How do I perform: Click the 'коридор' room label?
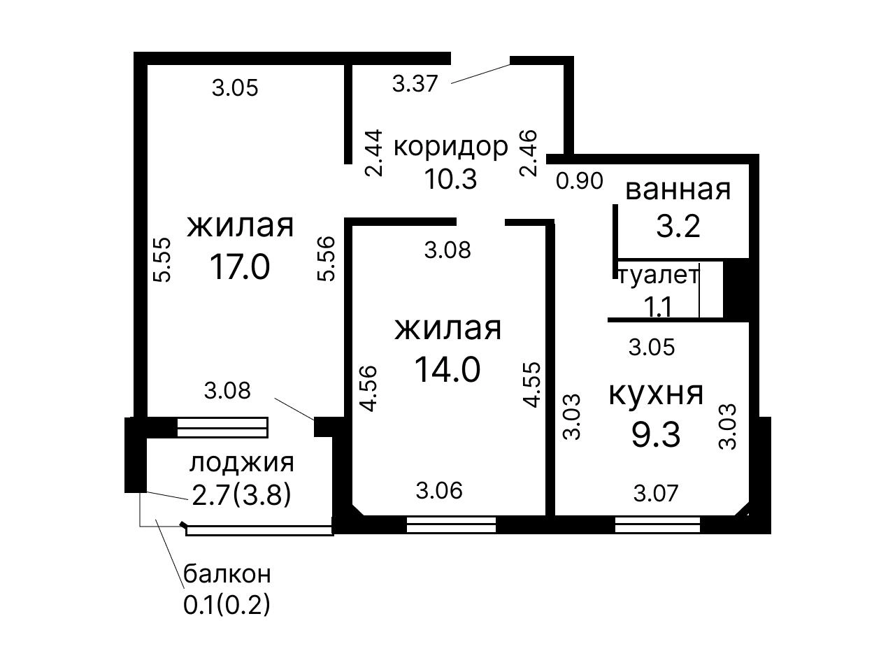[450, 147]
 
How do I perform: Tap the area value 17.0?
[240, 266]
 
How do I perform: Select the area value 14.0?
[447, 369]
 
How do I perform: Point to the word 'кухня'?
[656, 394]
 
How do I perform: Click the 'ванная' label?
[678, 190]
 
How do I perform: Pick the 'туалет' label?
[659, 276]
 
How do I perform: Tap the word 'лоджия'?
[241, 463]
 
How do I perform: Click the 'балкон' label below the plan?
[227, 574]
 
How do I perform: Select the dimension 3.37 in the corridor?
[415, 84]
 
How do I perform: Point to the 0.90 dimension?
[580, 180]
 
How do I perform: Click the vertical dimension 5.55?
[162, 259]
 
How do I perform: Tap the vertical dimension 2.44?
[374, 153]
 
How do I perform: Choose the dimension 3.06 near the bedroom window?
[439, 491]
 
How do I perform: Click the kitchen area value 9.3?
[656, 435]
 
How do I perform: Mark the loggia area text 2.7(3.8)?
[241, 496]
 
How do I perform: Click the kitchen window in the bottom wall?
[657, 524]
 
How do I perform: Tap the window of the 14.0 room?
[451, 524]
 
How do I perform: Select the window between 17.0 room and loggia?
[222, 427]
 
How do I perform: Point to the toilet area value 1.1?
[657, 307]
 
